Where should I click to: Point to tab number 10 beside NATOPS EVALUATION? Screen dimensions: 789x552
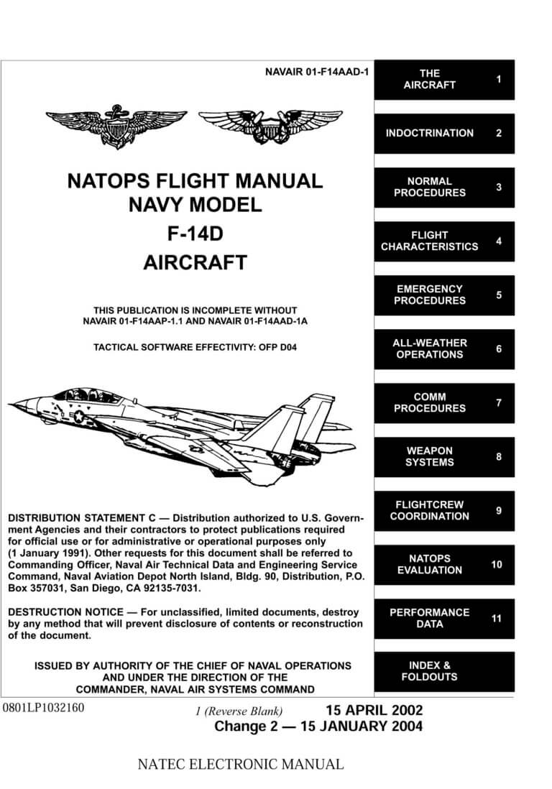497,565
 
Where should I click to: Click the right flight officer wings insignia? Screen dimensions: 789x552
270,125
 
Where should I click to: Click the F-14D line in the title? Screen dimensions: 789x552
195,234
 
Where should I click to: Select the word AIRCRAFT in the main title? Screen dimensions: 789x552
195,262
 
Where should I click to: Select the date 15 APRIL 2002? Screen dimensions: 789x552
374,710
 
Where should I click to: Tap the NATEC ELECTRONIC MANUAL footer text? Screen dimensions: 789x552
240,764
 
